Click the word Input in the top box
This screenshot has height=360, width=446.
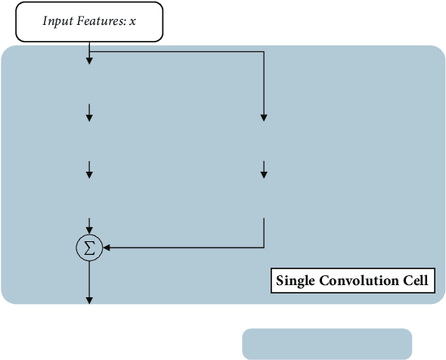(57, 22)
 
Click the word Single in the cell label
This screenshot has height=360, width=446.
(296, 281)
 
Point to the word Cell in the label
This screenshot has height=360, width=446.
(414, 281)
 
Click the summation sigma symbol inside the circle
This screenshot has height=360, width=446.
(89, 248)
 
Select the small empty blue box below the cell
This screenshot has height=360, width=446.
(327, 343)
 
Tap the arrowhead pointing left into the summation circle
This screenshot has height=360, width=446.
(107, 247)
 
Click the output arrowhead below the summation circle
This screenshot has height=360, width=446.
(89, 300)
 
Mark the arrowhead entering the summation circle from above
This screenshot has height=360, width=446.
(89, 229)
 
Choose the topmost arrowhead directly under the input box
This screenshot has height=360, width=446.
(89, 60)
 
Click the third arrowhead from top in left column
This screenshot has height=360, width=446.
(89, 175)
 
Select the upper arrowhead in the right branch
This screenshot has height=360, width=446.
(264, 117)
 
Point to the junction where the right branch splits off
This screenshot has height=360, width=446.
(89, 51)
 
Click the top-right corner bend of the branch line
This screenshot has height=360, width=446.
(264, 51)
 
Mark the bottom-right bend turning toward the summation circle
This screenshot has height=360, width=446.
(264, 247)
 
